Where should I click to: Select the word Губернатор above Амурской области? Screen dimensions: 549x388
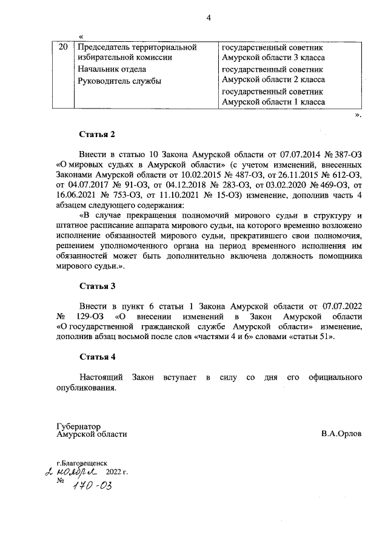pyautogui.click(x=78, y=426)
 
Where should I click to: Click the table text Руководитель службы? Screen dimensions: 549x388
pyautogui.click(x=116, y=81)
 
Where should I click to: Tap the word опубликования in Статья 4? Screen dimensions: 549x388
pyautogui.click(x=85, y=388)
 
